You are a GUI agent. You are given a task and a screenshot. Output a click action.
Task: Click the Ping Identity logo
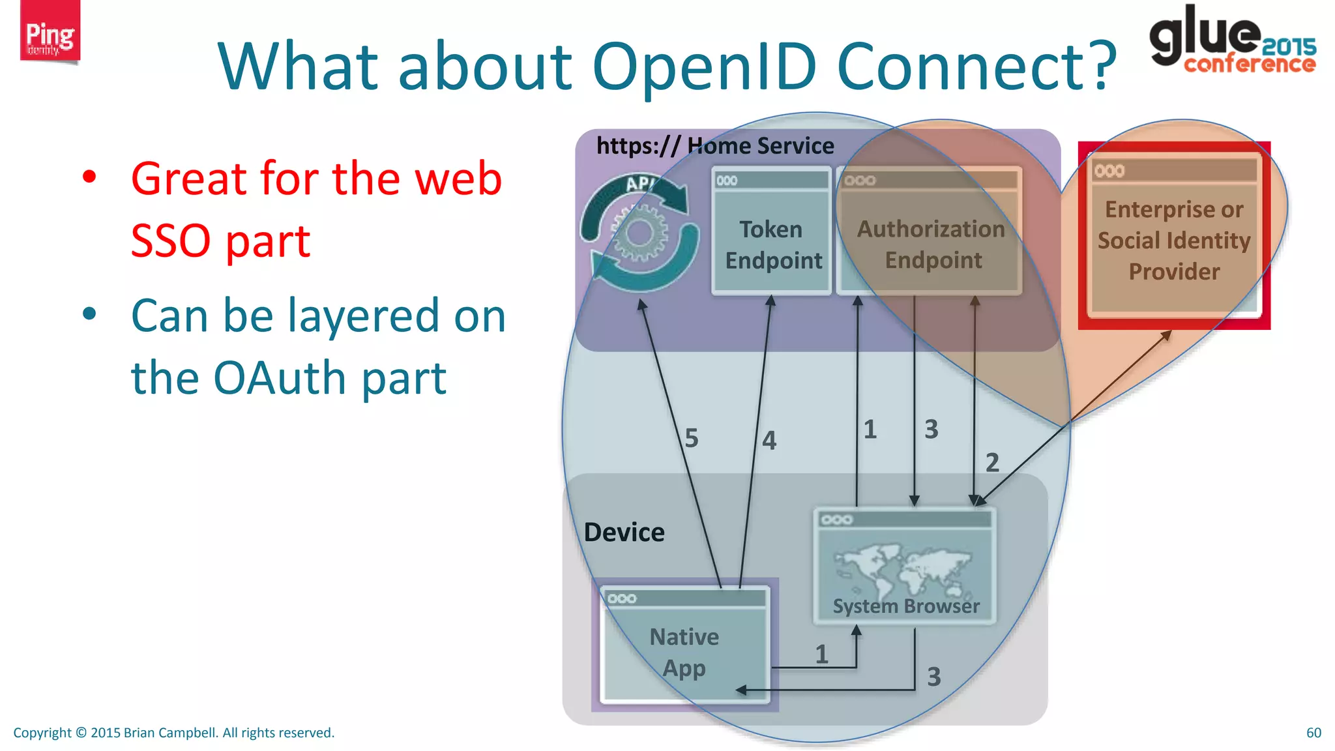[50, 33]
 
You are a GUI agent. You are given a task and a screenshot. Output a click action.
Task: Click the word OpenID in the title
[704, 66]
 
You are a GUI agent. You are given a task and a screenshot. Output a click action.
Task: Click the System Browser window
[905, 566]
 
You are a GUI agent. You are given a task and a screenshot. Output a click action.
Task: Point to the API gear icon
[639, 232]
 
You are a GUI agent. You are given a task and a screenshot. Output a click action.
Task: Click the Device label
[624, 533]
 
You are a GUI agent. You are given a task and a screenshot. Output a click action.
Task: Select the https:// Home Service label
[715, 145]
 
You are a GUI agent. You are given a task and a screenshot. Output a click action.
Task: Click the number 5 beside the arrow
[692, 438]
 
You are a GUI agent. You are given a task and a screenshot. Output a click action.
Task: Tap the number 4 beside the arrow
[769, 441]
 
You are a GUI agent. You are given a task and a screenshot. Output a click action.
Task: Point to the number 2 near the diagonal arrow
[992, 463]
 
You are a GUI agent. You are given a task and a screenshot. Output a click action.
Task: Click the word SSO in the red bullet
[171, 241]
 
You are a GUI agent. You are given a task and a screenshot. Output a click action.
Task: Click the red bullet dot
[89, 177]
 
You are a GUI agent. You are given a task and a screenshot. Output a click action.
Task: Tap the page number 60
[1313, 733]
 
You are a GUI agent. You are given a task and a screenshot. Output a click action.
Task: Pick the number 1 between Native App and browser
[821, 654]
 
